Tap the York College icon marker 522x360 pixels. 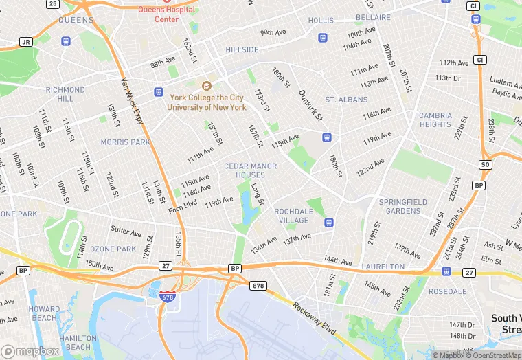[206, 85]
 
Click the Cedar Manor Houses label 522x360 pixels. [250, 170]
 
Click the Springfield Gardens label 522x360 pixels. [403, 206]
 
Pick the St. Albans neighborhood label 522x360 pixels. [347, 100]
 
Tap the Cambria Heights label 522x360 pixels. [435, 120]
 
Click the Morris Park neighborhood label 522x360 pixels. [125, 142]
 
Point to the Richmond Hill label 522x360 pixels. [65, 94]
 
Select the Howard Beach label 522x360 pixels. [44, 314]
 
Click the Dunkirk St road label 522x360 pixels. [310, 105]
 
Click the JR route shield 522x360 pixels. [26, 42]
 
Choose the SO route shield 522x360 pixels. [486, 165]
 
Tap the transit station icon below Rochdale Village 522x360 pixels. [329, 223]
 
